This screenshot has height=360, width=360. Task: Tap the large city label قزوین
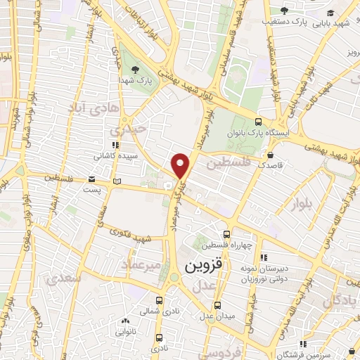(204, 267)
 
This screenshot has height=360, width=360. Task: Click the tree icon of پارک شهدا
(136, 68)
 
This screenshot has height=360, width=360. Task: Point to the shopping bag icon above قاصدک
(271, 155)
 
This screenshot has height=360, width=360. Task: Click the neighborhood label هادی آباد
(90, 108)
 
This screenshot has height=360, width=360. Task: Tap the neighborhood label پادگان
(341, 302)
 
